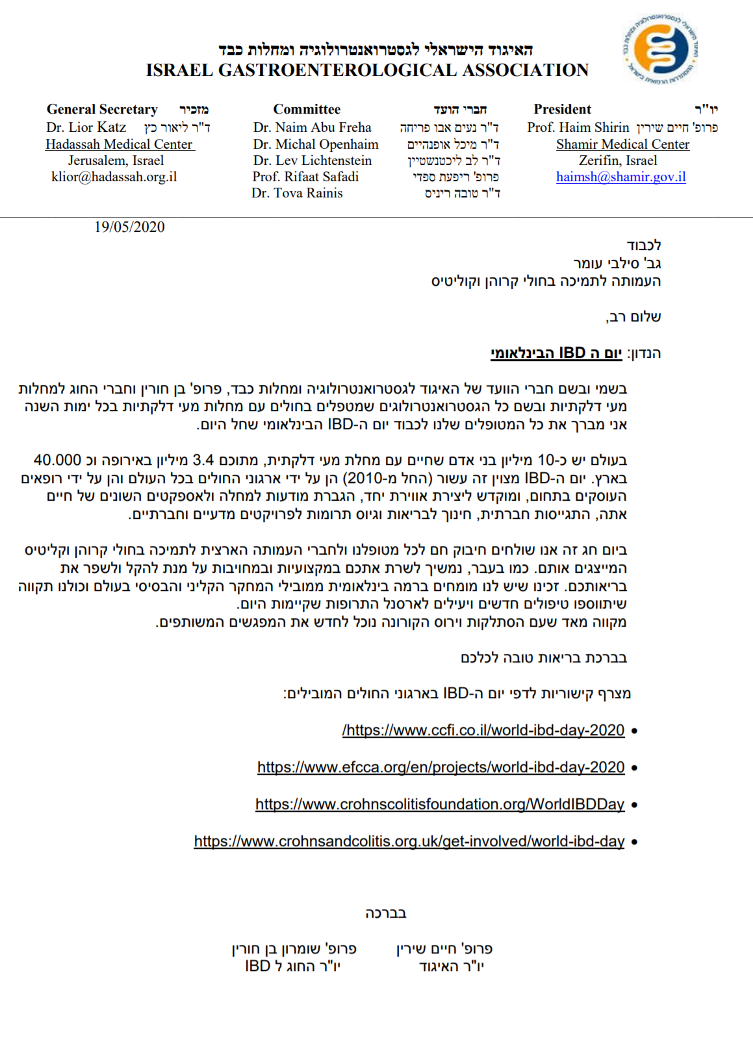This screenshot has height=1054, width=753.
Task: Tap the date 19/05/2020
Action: coord(129,227)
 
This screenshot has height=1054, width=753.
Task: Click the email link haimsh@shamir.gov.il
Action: coord(620,177)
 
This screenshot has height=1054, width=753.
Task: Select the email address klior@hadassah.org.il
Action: coord(114,177)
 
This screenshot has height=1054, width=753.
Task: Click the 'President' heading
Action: coord(562,109)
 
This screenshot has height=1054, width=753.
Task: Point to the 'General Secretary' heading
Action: coord(102,109)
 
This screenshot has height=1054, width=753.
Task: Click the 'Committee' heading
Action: coord(306,109)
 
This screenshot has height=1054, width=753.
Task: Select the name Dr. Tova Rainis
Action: coord(297,194)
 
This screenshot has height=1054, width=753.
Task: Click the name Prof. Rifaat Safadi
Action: coord(305,177)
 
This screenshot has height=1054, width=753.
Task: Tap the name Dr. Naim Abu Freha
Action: coord(312,128)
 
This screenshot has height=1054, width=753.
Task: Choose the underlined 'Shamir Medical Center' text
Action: coord(622,145)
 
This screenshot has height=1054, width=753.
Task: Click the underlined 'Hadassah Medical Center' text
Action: coord(119,145)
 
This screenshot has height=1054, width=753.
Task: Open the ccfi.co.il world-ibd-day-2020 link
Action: coord(483,731)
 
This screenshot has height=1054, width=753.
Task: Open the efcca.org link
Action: coord(440,768)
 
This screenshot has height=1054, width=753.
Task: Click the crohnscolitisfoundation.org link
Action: coord(439,805)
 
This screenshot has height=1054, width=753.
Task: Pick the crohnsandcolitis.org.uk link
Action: coord(409,842)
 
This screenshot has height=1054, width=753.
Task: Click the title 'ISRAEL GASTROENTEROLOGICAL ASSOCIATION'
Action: coord(367,71)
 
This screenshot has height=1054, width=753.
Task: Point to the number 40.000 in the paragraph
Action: coord(57,460)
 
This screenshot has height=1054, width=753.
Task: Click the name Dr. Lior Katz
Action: coord(86,128)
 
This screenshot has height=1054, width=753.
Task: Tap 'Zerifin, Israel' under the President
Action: coord(617,161)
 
